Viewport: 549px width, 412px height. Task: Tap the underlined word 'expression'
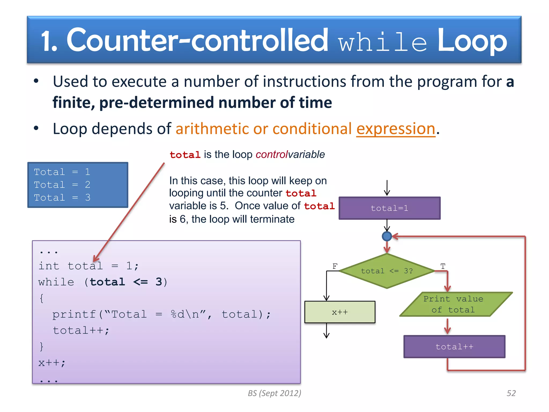coord(396,129)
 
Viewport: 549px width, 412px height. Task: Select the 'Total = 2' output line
coord(62,185)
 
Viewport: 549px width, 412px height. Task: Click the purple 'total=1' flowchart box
coord(389,208)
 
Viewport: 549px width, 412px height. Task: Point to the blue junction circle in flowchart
coord(387,236)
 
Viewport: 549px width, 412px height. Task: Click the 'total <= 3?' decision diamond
coord(387,271)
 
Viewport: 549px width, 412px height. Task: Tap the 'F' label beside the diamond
coord(335,266)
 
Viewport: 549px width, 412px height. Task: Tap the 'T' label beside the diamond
coord(443,266)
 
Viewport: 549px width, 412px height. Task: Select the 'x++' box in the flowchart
coord(340,312)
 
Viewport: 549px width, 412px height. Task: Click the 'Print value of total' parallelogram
coord(456,304)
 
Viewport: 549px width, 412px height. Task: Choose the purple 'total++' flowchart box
coord(454,347)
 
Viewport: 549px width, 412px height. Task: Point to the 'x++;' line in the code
coord(52,363)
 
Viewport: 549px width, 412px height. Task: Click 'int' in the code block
coord(49,266)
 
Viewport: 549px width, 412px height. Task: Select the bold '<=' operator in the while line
coord(140,282)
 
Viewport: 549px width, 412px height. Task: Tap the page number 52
coord(511,393)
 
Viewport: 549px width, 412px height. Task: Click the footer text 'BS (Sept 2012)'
coord(274,393)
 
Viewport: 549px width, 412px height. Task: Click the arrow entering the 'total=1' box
coord(387,188)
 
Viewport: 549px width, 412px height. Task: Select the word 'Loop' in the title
coord(472,41)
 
